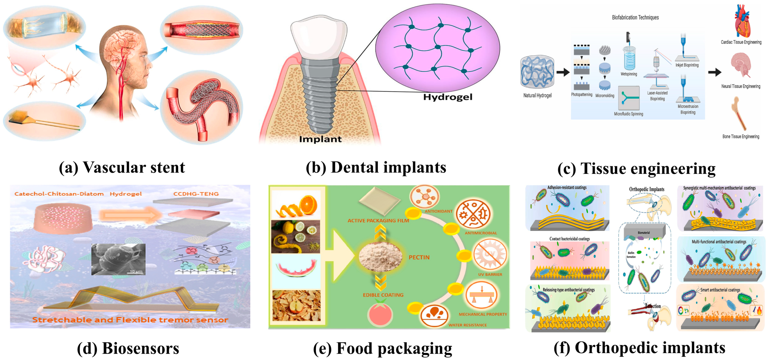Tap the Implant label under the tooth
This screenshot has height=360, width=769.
point(320,139)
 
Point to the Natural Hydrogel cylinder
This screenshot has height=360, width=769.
point(537,72)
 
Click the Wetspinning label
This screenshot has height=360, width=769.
point(629,74)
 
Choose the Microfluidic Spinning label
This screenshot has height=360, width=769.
point(628,114)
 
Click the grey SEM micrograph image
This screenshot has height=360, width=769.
point(118,259)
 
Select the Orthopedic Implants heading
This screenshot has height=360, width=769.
point(647,189)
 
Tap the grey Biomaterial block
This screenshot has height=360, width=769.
point(644,232)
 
